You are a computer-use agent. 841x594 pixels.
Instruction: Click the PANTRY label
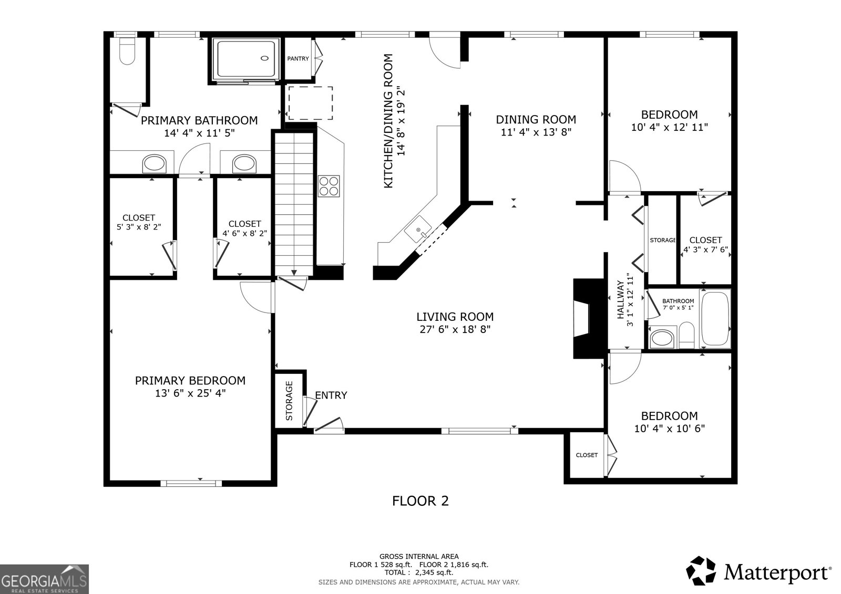click(x=298, y=59)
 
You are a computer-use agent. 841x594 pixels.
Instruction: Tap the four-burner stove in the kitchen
click(x=329, y=185)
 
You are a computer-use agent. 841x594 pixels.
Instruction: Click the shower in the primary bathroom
click(x=245, y=60)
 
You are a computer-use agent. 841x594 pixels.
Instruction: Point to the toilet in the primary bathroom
click(x=127, y=51)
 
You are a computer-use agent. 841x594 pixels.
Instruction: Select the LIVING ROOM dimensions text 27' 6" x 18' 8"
click(x=455, y=330)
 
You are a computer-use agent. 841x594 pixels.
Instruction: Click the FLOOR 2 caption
click(x=420, y=501)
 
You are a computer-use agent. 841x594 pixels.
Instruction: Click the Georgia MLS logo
click(x=44, y=579)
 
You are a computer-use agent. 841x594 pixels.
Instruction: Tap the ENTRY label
click(x=331, y=395)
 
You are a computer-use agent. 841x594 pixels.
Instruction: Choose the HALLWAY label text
click(x=620, y=300)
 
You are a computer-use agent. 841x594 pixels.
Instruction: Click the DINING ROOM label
click(x=536, y=120)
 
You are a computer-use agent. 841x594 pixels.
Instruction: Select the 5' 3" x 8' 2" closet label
click(x=139, y=227)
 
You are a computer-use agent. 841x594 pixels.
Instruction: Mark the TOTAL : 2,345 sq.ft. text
click(x=419, y=573)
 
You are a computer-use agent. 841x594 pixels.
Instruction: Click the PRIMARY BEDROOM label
click(x=190, y=380)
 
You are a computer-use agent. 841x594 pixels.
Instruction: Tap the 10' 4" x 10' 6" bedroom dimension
click(x=669, y=429)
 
